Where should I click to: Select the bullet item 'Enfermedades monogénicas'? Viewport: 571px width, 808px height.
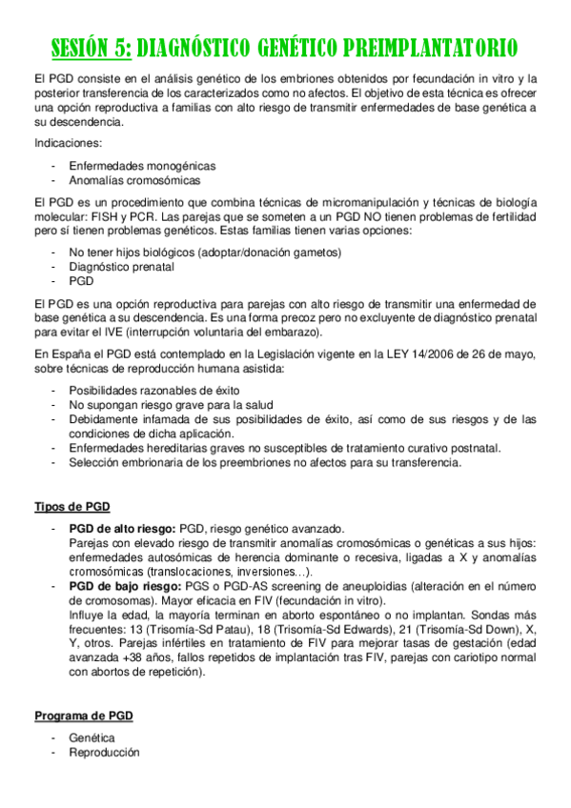(141, 165)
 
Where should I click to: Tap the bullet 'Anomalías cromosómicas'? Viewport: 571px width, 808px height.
(134, 179)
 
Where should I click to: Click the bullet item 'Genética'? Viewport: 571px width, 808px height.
(92, 738)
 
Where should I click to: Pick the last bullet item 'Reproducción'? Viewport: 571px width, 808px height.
(103, 753)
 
